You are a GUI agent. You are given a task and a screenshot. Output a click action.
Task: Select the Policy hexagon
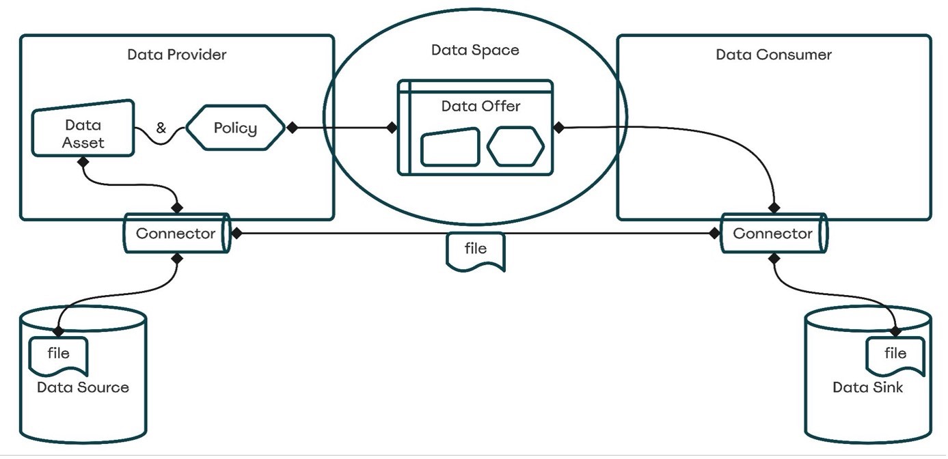(235, 128)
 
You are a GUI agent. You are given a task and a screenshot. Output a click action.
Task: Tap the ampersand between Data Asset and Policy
(161, 127)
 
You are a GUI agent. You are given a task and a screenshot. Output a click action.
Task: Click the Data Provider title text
(176, 55)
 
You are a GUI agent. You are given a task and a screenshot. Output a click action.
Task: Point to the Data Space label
(475, 50)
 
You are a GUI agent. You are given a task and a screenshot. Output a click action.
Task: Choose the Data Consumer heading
(774, 55)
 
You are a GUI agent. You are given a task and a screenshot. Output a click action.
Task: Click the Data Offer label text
(480, 106)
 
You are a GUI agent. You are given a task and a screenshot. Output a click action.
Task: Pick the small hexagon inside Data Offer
(516, 146)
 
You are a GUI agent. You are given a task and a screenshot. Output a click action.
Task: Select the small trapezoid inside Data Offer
(450, 147)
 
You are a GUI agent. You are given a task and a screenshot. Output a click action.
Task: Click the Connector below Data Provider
(176, 234)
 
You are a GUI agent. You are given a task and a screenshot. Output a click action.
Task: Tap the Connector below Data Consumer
(774, 234)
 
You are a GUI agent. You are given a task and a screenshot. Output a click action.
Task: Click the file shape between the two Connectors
(476, 250)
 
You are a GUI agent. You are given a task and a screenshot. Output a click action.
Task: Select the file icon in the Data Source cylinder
(59, 354)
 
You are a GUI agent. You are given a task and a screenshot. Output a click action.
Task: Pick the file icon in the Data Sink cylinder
(895, 354)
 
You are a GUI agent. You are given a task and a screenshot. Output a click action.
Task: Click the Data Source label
(83, 387)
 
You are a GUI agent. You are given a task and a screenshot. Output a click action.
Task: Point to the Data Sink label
(867, 387)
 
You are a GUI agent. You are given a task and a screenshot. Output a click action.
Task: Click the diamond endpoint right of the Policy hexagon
(292, 127)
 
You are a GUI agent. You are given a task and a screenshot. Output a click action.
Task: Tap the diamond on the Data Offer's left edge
(392, 127)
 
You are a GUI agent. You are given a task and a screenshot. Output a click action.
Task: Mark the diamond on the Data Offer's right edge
(558, 127)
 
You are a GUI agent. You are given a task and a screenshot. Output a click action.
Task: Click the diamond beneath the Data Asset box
(83, 163)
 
